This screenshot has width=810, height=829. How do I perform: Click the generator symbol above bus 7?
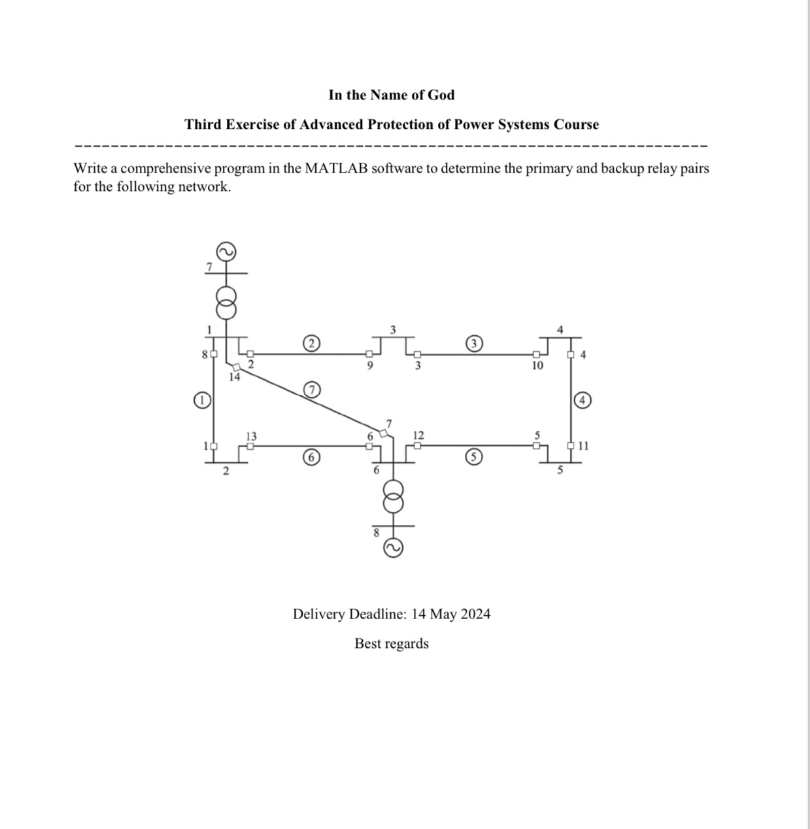pyautogui.click(x=226, y=252)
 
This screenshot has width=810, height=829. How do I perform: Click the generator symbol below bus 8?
pyautogui.click(x=393, y=548)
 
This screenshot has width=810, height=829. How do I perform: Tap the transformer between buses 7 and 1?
pyautogui.click(x=226, y=301)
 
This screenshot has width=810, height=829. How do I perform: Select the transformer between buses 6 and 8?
pyautogui.click(x=393, y=498)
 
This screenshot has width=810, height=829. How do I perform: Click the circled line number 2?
pyautogui.click(x=312, y=343)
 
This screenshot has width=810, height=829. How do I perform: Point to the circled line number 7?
pyautogui.click(x=312, y=390)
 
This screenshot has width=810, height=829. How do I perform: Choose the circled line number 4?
pyautogui.click(x=582, y=399)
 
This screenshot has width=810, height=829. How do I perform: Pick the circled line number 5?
pyautogui.click(x=474, y=457)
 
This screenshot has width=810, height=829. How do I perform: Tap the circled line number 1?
pyautogui.click(x=202, y=399)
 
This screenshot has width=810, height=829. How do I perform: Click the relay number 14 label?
pyautogui.click(x=234, y=377)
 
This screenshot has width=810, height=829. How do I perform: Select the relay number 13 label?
pyautogui.click(x=251, y=436)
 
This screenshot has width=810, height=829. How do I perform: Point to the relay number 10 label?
pyautogui.click(x=537, y=365)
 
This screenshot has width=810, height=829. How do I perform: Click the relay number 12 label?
pyautogui.click(x=418, y=435)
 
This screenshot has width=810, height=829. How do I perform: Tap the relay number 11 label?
pyautogui.click(x=584, y=446)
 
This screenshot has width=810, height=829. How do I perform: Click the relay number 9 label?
pyautogui.click(x=369, y=365)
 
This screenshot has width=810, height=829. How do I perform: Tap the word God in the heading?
pyautogui.click(x=441, y=95)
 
